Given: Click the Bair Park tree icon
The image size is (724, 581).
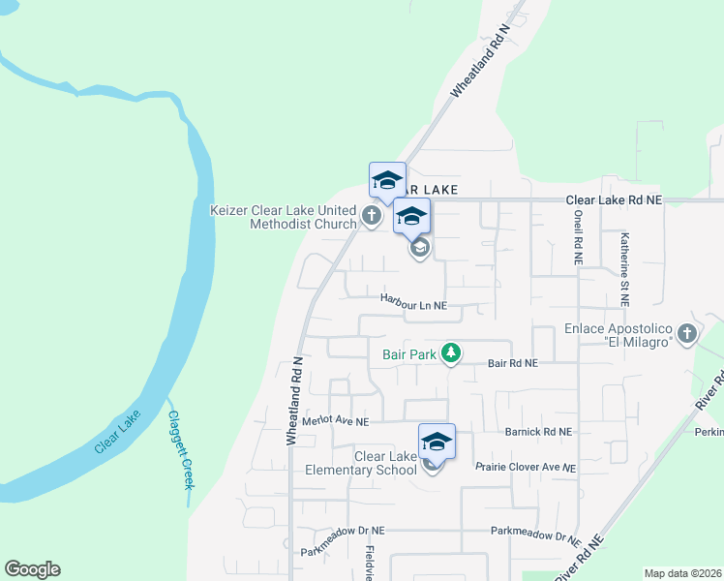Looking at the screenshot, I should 450,353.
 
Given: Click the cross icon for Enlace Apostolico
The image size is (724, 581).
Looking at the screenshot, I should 687,334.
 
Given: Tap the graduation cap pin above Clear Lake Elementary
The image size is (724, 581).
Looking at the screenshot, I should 437,441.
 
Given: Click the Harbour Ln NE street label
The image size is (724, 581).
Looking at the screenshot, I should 413,304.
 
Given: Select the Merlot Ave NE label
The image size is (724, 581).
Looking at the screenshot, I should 335,422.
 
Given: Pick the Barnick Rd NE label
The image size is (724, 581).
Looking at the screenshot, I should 539,431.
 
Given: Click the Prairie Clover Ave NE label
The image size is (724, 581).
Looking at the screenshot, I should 526,467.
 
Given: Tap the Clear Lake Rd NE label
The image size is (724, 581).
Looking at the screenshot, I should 614,199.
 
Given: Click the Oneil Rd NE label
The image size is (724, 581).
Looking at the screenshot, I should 578,238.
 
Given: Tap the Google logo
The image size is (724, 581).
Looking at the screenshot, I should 32,569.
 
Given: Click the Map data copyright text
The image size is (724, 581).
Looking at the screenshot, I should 683,573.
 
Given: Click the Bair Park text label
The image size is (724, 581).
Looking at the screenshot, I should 407,354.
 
